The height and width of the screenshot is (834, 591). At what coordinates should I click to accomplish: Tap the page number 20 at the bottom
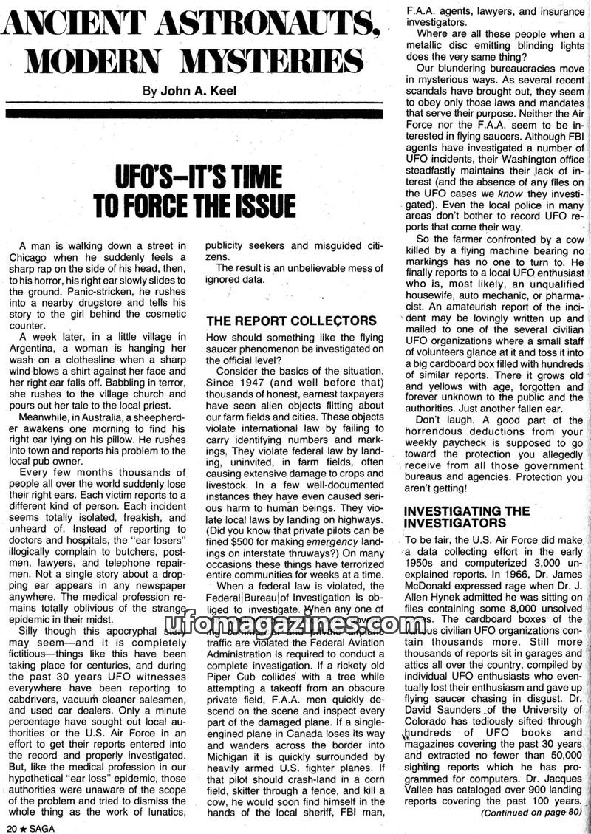[x=10, y=827]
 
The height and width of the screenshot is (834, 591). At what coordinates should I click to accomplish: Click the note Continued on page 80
[x=533, y=813]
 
